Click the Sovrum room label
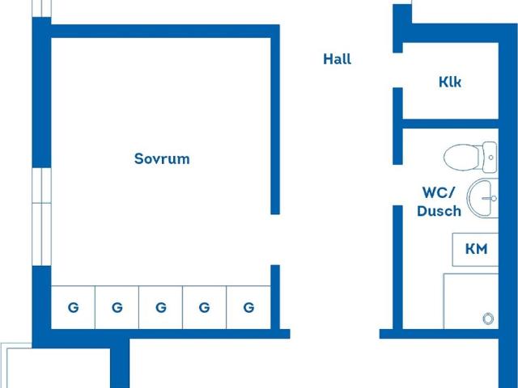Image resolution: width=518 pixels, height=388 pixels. (x=162, y=158)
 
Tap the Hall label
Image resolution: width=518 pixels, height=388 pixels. (x=337, y=59)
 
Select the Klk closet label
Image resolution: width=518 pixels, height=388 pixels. (x=450, y=82)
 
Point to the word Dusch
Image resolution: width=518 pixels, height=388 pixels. (x=439, y=211)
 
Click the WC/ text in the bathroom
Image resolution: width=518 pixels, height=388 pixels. (x=439, y=192)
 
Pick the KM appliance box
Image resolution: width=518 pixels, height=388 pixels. (x=475, y=250)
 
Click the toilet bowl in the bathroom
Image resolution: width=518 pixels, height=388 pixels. (x=462, y=157)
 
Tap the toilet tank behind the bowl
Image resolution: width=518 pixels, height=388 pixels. (x=490, y=157)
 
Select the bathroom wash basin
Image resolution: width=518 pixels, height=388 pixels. (x=482, y=198)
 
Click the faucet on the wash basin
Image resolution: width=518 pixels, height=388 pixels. (x=490, y=198)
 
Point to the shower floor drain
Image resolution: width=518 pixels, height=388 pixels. (x=488, y=318)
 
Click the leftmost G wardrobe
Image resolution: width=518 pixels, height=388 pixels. (x=73, y=307)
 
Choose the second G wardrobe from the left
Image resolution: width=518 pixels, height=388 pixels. (x=117, y=307)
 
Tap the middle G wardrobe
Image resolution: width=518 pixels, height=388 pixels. (x=160, y=307)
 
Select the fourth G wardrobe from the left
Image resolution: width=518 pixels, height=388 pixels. (x=204, y=307)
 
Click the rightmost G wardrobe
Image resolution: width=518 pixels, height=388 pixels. (x=248, y=307)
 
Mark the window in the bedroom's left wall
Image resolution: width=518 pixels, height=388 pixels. (x=41, y=217)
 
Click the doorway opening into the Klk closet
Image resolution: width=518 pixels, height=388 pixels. (x=397, y=70)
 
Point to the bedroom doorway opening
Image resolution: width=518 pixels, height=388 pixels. (x=275, y=240)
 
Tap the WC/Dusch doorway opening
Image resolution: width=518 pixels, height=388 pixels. (x=397, y=185)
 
